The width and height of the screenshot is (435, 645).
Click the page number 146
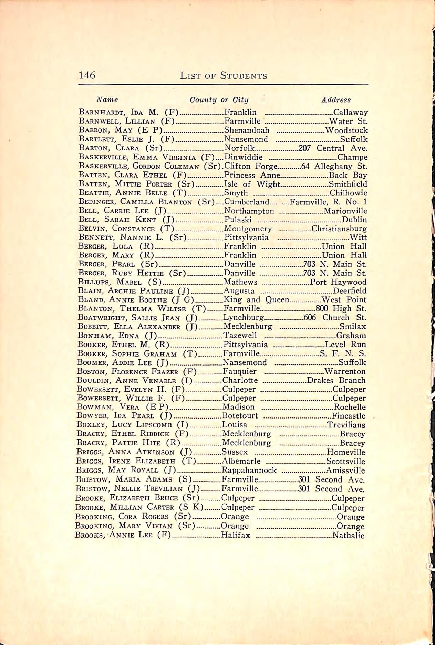87,75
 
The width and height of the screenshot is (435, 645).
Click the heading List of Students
223,75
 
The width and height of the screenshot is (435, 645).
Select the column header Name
107,99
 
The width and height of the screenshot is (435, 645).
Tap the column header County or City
219,100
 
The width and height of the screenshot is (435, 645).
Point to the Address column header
336,100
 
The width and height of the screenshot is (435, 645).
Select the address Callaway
350,112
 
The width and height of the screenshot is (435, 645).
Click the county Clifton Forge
251,166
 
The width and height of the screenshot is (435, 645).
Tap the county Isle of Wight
252,184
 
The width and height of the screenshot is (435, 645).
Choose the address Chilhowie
348,193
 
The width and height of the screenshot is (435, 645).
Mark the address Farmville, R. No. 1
329,202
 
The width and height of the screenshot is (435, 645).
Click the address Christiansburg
339,229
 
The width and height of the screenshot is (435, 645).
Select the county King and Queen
256,300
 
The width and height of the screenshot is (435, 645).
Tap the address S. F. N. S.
343,353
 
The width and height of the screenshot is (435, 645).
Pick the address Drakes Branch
336,380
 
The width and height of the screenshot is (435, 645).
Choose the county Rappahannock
249,470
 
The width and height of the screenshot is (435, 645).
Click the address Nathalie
348,536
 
